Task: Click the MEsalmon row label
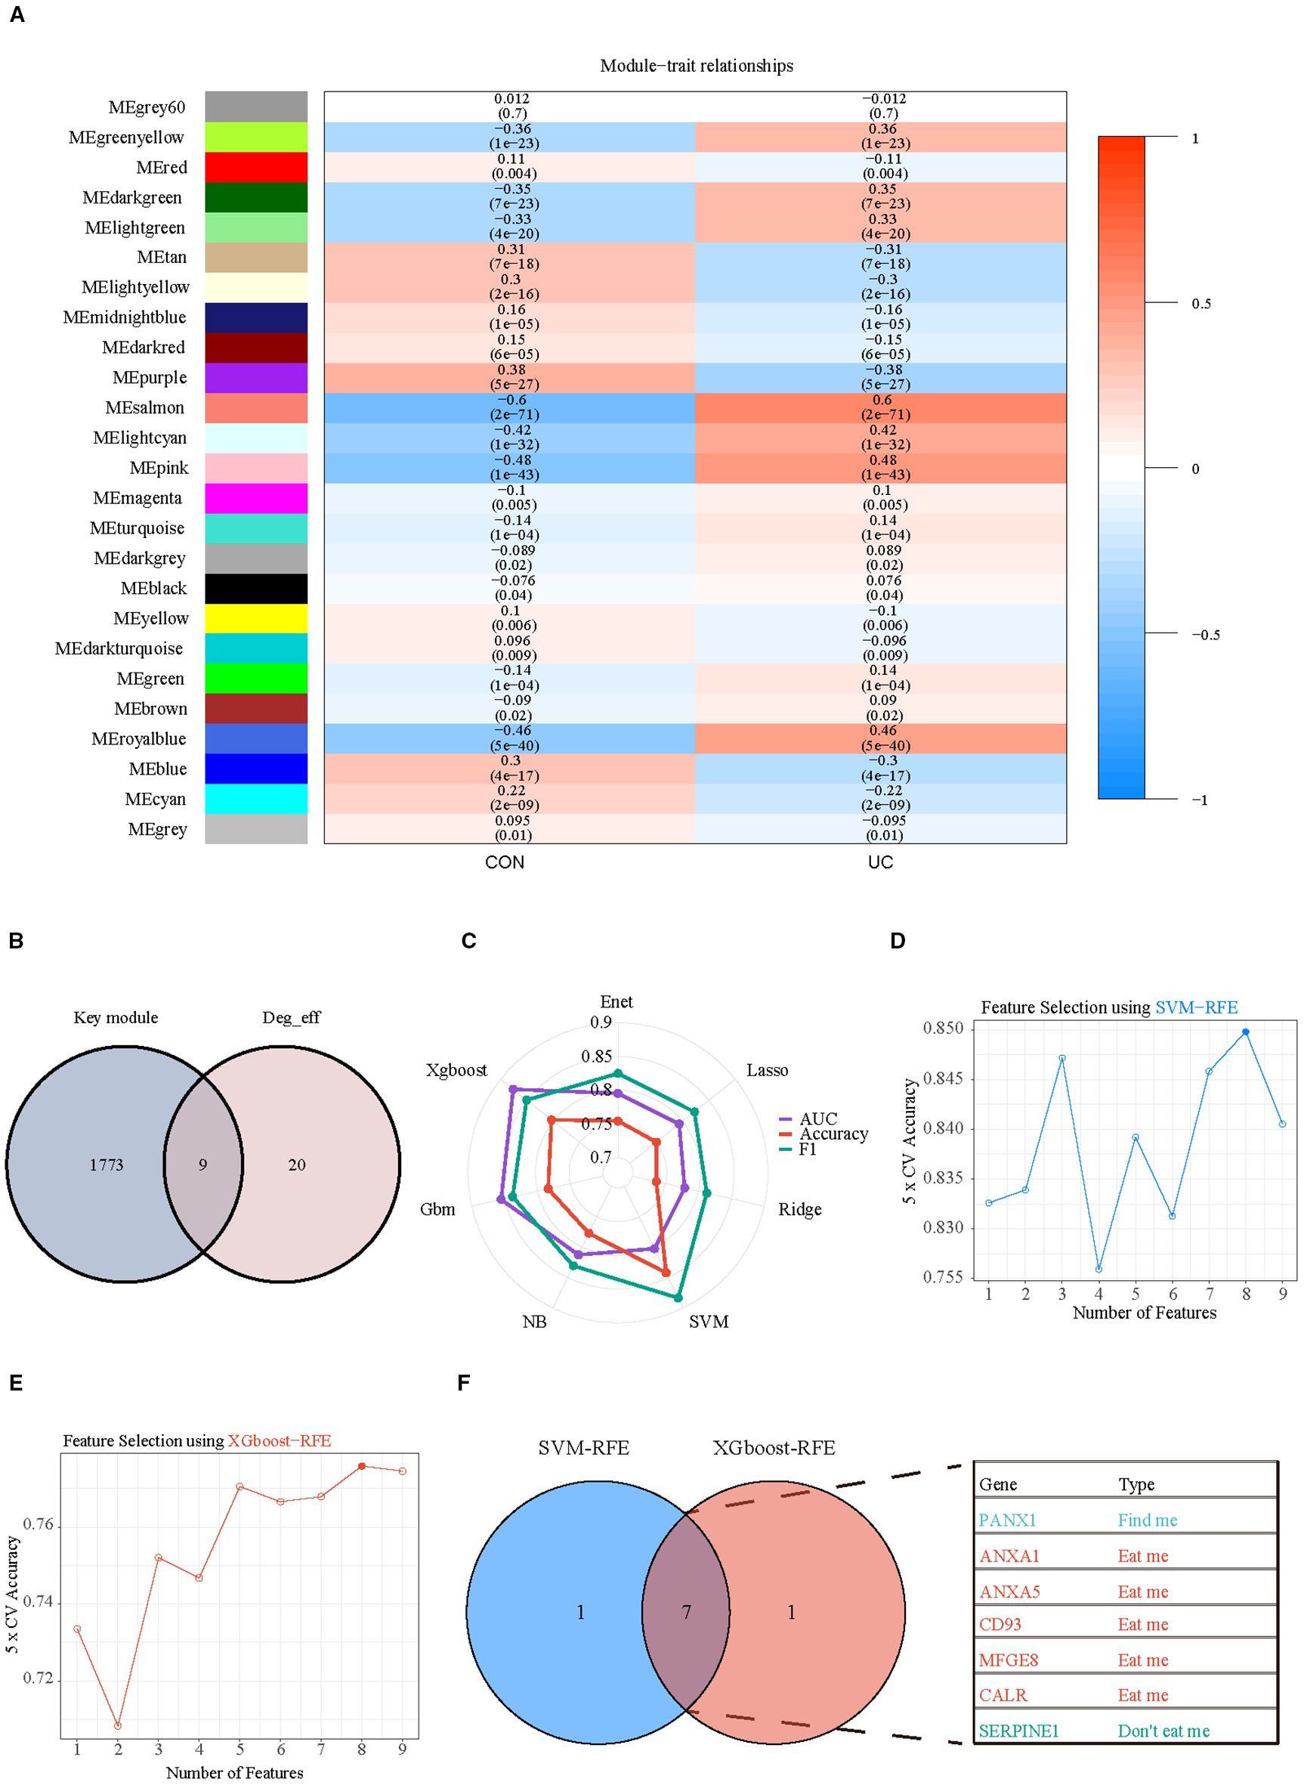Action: point(144,407)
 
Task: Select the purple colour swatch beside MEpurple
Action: point(256,377)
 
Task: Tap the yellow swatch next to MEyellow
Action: point(256,618)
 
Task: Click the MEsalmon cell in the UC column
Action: point(881,407)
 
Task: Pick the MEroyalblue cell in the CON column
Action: point(510,738)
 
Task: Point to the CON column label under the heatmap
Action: point(505,862)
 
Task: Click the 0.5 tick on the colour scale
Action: point(1200,304)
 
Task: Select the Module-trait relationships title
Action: point(697,66)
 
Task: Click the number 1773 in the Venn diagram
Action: point(107,1165)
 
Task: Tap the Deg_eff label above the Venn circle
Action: point(292,1018)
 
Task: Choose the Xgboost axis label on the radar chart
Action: point(456,1070)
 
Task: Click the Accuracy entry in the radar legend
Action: point(833,1134)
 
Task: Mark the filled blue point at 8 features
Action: point(1246,1032)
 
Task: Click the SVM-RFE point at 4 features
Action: point(1099,1269)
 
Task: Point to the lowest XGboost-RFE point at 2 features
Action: point(118,1725)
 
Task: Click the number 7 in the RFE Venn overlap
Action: point(686,1612)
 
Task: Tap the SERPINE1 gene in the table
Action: point(1018,1731)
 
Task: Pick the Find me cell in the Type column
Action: point(1147,1520)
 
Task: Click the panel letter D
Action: point(898,941)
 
